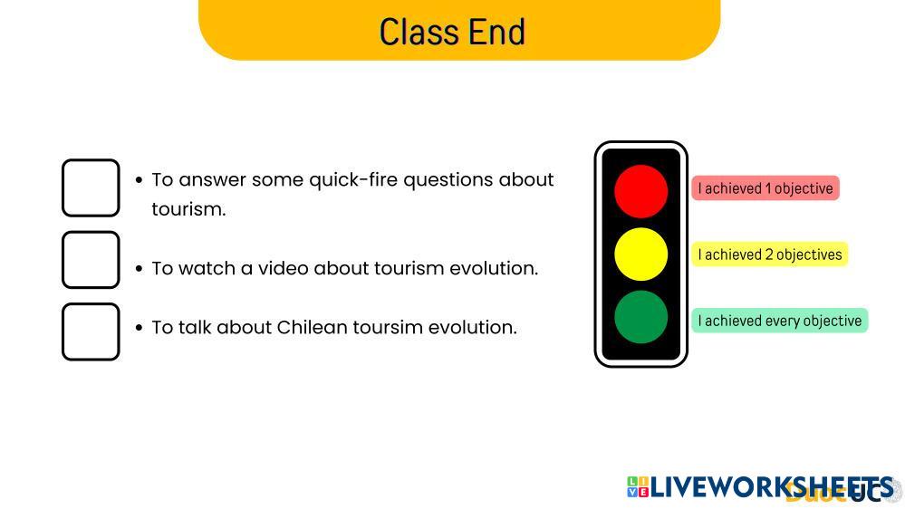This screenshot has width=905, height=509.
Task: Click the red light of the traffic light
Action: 640,191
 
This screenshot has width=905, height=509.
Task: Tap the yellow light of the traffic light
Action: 640,254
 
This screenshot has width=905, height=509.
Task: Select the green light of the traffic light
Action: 640,317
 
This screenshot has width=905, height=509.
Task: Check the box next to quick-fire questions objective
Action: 91,188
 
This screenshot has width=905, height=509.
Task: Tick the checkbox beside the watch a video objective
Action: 91,260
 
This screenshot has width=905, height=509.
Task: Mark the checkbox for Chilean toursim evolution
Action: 91,331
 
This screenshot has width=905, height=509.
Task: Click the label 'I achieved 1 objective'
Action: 765,188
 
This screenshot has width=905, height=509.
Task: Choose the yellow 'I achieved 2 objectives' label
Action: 770,254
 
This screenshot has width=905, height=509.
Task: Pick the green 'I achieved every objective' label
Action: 780,321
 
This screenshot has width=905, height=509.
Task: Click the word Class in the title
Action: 419,32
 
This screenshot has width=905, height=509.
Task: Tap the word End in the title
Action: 496,32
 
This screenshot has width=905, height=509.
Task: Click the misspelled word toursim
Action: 380,328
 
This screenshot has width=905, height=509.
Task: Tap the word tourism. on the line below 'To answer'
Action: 188,209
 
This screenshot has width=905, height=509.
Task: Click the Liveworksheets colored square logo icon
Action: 638,487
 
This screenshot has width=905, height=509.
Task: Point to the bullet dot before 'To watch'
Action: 139,268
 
